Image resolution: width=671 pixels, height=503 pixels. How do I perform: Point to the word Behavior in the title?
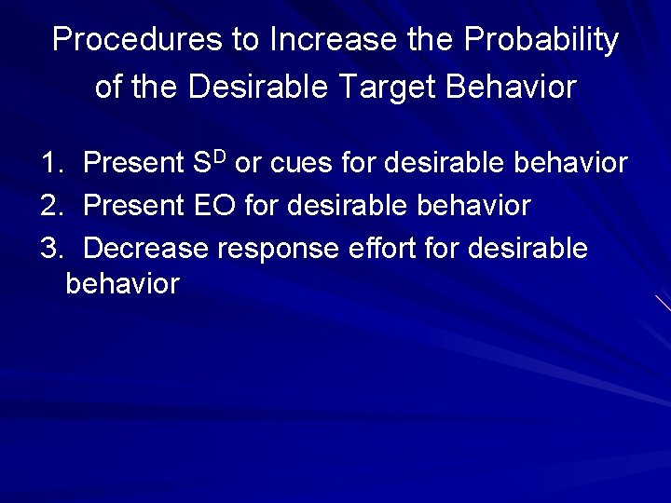tap(512, 87)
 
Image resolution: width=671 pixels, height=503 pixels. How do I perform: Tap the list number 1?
tap(50, 164)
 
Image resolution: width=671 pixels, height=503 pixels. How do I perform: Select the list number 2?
tap(50, 206)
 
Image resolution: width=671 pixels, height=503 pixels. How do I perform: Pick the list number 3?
tap(50, 249)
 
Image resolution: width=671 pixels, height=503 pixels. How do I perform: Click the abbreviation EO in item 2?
tap(215, 206)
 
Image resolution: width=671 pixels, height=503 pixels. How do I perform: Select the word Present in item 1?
tap(134, 164)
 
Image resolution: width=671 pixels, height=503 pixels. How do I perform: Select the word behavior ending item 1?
tap(570, 164)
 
